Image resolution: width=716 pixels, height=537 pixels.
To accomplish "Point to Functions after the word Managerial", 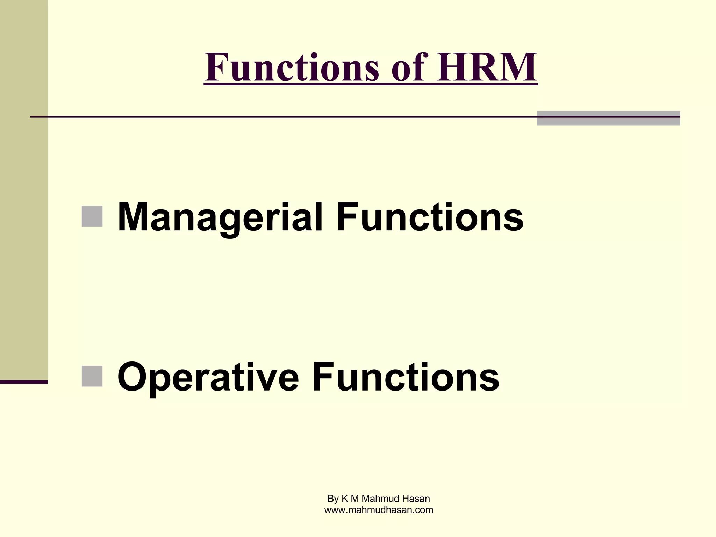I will pyautogui.click(x=430, y=217).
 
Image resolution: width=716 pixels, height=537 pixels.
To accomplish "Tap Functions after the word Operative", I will pyautogui.click(x=406, y=378).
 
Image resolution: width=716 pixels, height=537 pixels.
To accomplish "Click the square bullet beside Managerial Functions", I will pyautogui.click(x=92, y=216).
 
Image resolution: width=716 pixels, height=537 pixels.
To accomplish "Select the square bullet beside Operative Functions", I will pyautogui.click(x=92, y=376).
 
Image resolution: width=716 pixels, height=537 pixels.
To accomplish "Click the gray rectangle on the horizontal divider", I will pyautogui.click(x=608, y=118).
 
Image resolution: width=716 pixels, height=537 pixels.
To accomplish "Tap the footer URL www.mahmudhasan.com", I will pyautogui.click(x=379, y=510).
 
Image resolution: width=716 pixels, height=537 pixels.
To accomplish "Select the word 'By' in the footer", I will pyautogui.click(x=333, y=498).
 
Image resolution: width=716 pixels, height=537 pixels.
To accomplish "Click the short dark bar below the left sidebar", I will pyautogui.click(x=23, y=382).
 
